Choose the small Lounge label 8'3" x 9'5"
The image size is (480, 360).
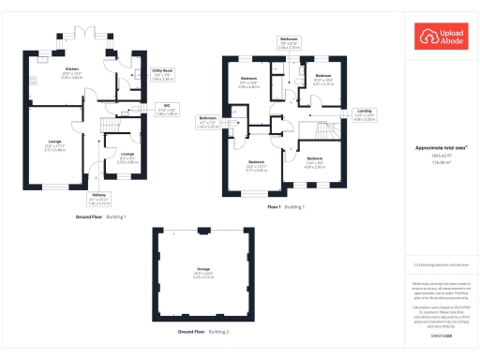[127, 157]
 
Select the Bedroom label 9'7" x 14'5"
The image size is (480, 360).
[247, 82]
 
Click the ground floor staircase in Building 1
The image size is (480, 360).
[112, 122]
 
